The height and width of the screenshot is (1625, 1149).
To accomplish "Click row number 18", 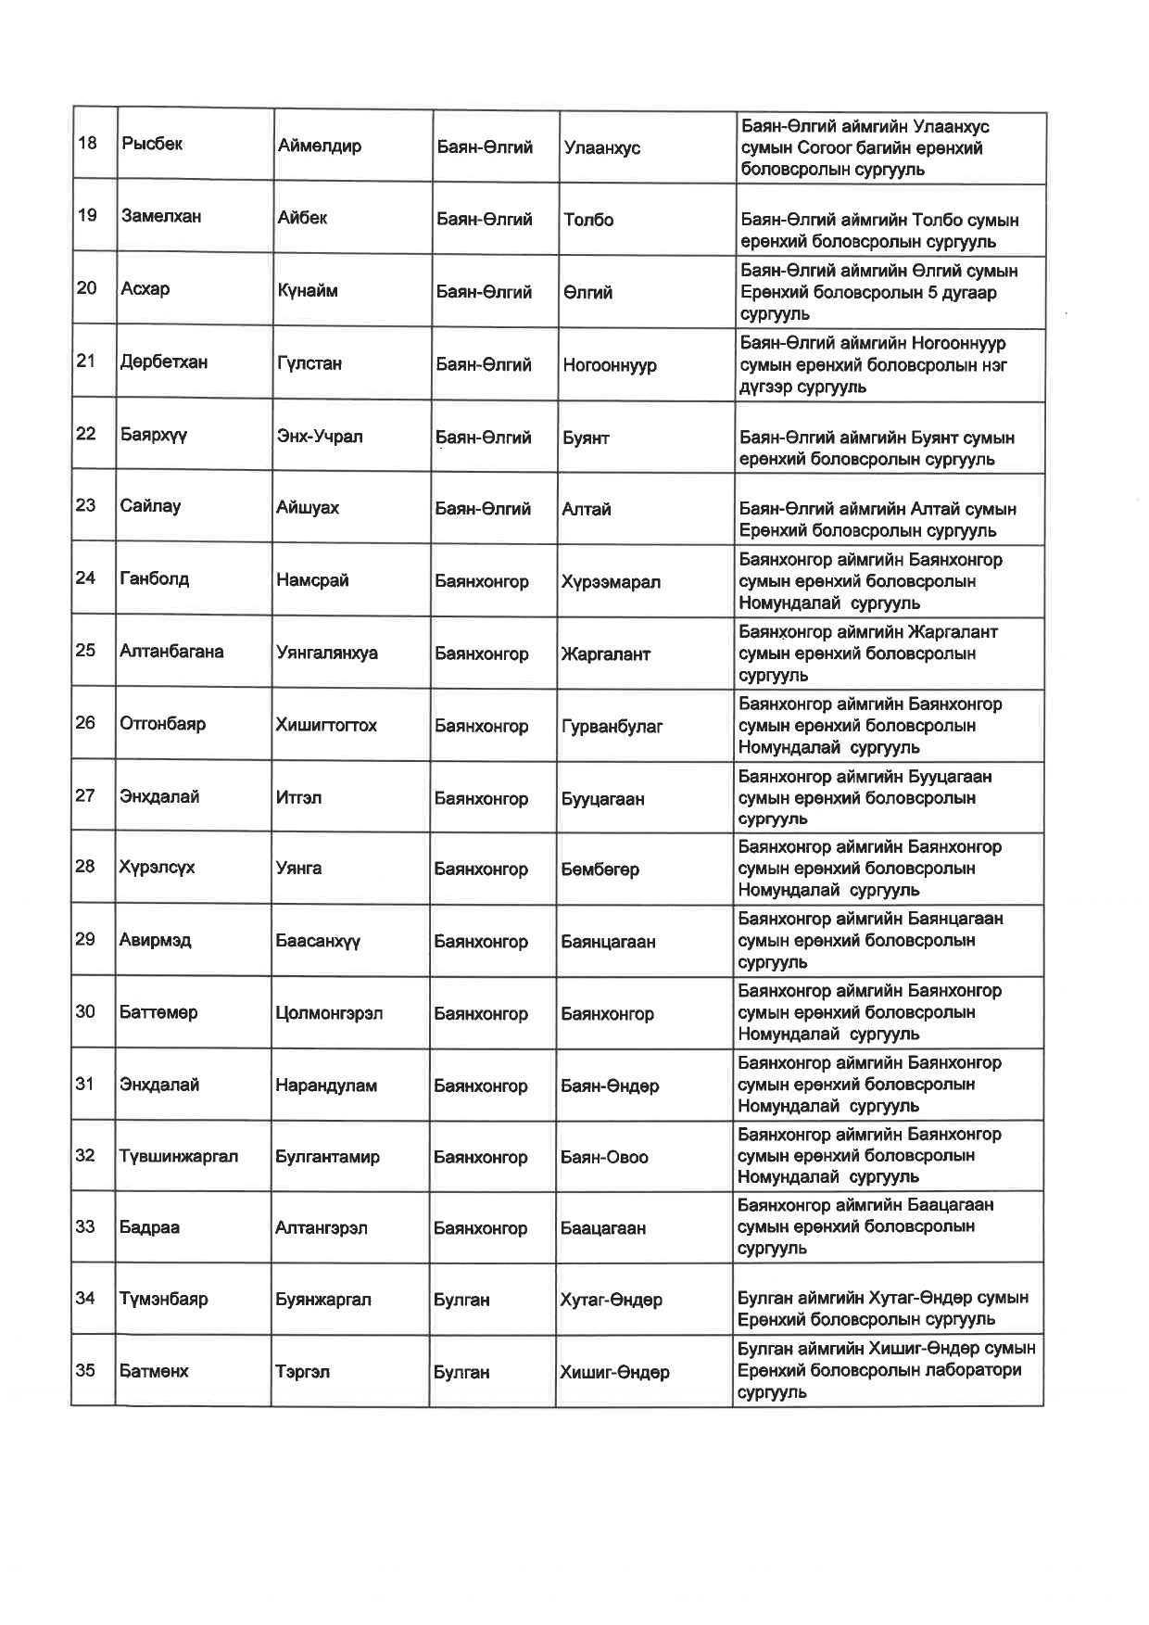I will tap(87, 143).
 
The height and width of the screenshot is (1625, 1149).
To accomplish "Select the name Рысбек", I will tap(152, 144).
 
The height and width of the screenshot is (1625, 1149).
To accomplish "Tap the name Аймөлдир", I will tap(319, 146).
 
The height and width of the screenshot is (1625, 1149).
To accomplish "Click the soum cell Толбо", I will tap(588, 220).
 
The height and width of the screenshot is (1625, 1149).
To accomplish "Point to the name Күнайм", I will tap(308, 291).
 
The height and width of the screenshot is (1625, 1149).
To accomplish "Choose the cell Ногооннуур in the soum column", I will tap(610, 364).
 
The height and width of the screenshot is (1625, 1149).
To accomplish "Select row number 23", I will tap(85, 505).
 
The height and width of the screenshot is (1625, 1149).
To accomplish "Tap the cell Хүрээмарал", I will tap(611, 582).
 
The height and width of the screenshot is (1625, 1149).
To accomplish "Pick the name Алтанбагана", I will tap(171, 651).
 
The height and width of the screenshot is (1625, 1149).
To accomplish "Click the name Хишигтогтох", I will tap(326, 725).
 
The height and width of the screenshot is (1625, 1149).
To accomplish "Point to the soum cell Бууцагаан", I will tap(602, 798).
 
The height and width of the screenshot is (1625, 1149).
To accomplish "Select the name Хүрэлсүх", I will tap(157, 867).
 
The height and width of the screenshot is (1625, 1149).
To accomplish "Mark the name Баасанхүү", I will tap(318, 941).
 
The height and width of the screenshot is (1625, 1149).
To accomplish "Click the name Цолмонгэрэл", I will tap(329, 1013).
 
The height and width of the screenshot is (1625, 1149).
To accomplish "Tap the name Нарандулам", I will tap(326, 1085).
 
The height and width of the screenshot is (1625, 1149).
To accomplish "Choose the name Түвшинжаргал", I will tap(179, 1156).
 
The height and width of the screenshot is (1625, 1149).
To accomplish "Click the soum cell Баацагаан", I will tap(603, 1228).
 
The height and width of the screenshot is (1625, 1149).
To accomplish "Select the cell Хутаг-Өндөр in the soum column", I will tap(612, 1300).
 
